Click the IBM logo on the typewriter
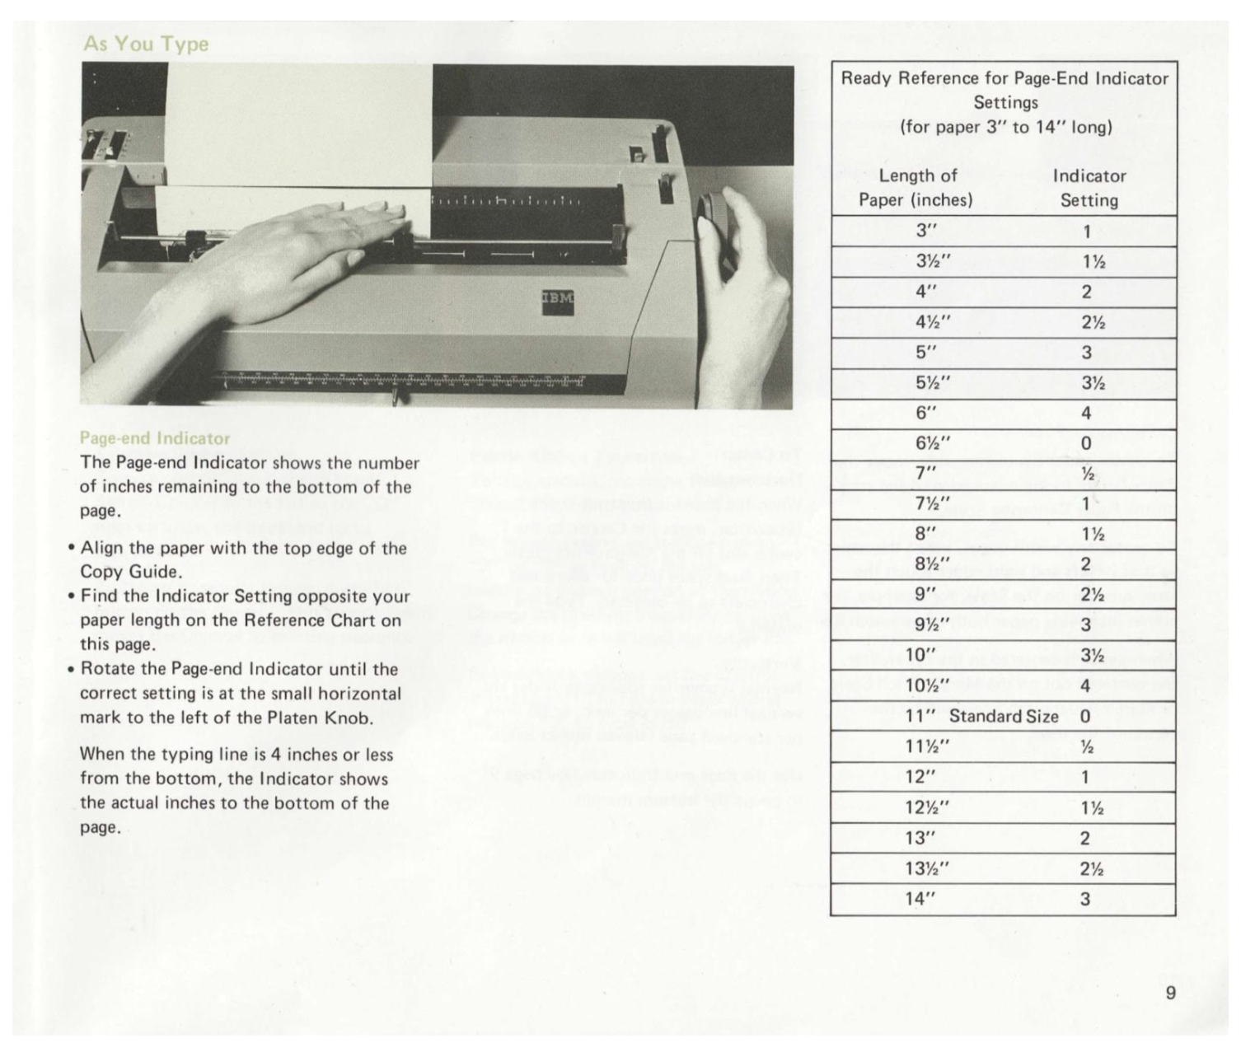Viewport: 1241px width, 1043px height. tap(557, 299)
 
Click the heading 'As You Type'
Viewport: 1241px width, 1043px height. tap(146, 44)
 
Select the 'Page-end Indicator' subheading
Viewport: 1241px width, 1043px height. tap(155, 438)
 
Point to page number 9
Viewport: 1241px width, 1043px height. tap(1170, 993)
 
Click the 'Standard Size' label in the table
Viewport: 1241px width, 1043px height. tap(1003, 716)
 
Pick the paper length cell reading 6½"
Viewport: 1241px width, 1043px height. tap(933, 443)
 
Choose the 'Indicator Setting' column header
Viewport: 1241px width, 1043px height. tap(1089, 188)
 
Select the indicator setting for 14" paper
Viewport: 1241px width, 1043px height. tap(1085, 899)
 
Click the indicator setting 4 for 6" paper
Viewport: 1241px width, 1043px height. tap(1085, 413)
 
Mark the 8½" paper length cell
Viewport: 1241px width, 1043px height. tap(933, 564)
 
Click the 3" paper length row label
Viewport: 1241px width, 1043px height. tap(926, 231)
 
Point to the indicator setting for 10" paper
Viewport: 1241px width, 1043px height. tap(1091, 656)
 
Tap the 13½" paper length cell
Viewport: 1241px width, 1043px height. tap(932, 868)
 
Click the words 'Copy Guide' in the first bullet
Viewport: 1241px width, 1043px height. tap(129, 572)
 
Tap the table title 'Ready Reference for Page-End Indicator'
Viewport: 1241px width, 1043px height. tap(1005, 78)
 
